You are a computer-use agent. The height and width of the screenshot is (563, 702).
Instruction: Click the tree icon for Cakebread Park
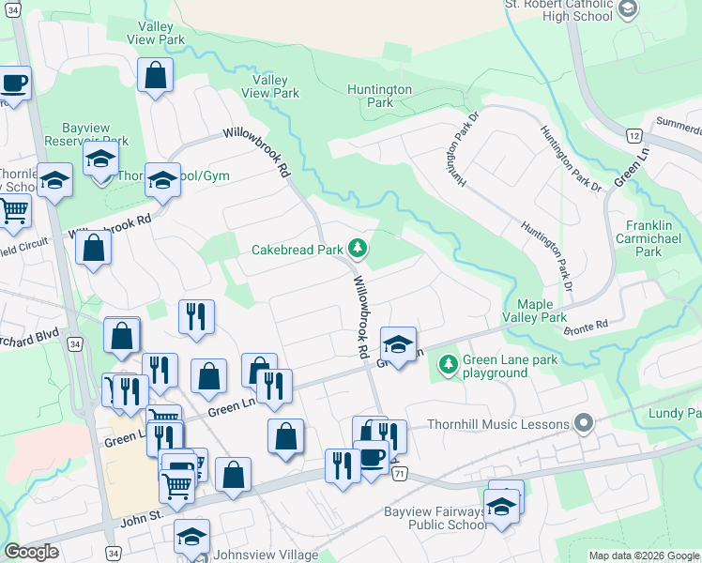point(357,249)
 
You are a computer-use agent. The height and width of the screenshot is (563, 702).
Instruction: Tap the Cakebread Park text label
point(297,250)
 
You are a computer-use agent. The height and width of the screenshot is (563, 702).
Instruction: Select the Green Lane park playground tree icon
point(450,363)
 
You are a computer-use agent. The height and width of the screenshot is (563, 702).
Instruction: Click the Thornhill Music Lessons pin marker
point(585,424)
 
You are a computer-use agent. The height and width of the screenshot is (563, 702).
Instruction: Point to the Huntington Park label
point(379,96)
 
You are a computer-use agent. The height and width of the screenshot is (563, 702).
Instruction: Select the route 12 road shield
point(634,136)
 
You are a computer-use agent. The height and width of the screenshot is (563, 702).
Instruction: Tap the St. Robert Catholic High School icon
point(628,8)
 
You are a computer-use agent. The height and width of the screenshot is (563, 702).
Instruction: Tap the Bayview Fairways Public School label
point(435,518)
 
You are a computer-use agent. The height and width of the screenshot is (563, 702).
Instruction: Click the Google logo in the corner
point(31,552)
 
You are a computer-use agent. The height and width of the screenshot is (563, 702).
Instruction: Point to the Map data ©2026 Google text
point(644,555)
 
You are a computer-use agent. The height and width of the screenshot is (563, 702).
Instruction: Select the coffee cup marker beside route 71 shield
point(372,457)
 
